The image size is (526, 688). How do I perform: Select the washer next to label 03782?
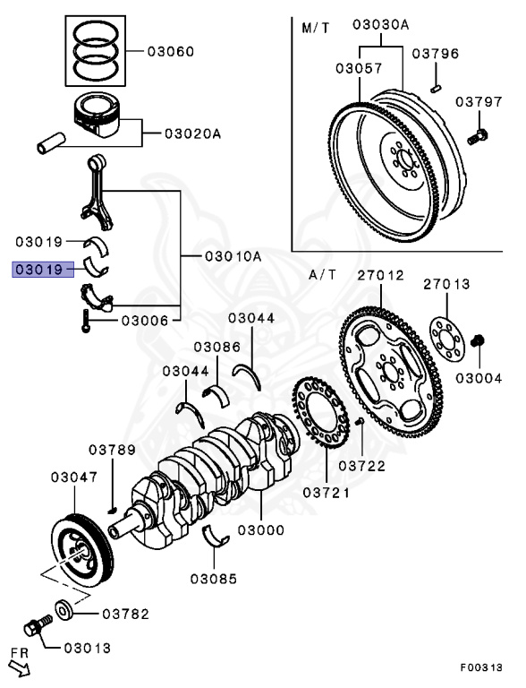coord(66,611)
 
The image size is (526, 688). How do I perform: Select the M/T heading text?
coord(314,28)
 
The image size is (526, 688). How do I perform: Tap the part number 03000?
coord(261,530)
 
